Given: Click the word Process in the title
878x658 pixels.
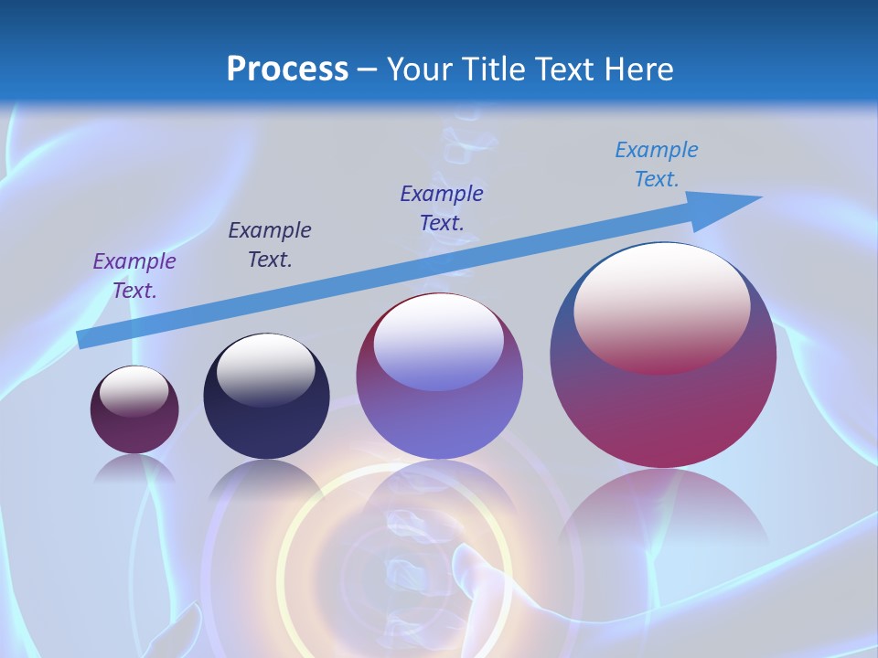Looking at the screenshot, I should click(287, 69).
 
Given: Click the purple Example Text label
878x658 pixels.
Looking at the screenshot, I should click(134, 276).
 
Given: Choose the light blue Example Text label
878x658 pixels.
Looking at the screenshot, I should click(657, 164).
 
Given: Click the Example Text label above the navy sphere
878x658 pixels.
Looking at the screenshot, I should click(270, 245).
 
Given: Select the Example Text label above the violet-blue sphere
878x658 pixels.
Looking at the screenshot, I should click(442, 207).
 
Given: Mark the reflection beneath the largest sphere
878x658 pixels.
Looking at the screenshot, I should click(663, 512).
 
